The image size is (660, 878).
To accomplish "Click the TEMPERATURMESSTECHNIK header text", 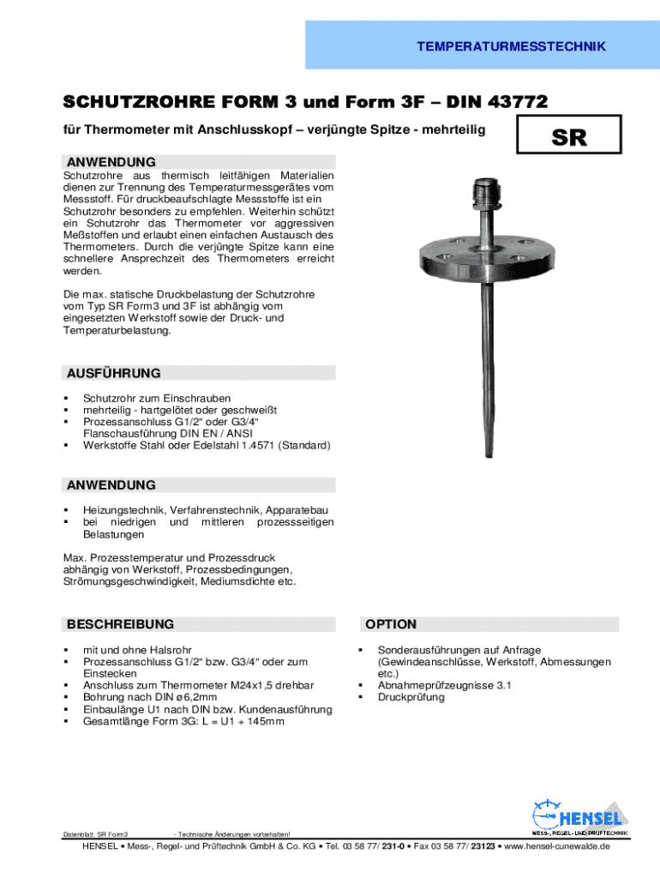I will [511, 46].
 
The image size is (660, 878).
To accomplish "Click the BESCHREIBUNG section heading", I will [120, 624].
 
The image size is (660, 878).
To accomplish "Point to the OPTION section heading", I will [390, 624].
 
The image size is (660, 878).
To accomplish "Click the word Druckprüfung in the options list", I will [411, 697].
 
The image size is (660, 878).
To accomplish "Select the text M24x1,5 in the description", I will [252, 685].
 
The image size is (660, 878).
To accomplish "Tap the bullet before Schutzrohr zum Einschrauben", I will [65, 399].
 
